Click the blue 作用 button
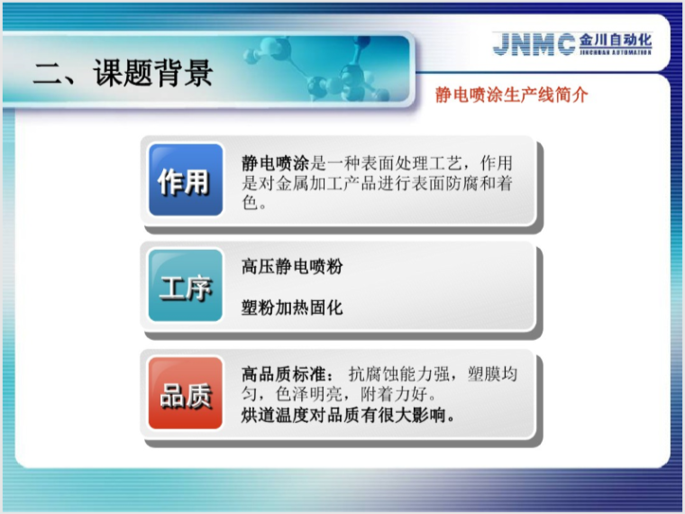point(184,181)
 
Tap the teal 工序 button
point(184,289)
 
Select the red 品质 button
point(184,395)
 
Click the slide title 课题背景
point(152,73)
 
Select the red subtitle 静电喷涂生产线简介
point(511,94)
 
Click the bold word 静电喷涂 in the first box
point(275,163)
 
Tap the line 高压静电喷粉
point(292,267)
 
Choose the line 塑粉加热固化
point(292,307)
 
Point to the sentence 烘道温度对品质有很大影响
point(348,416)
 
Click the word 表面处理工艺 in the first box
point(411,163)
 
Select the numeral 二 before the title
point(47,73)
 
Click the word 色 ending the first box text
point(249,203)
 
